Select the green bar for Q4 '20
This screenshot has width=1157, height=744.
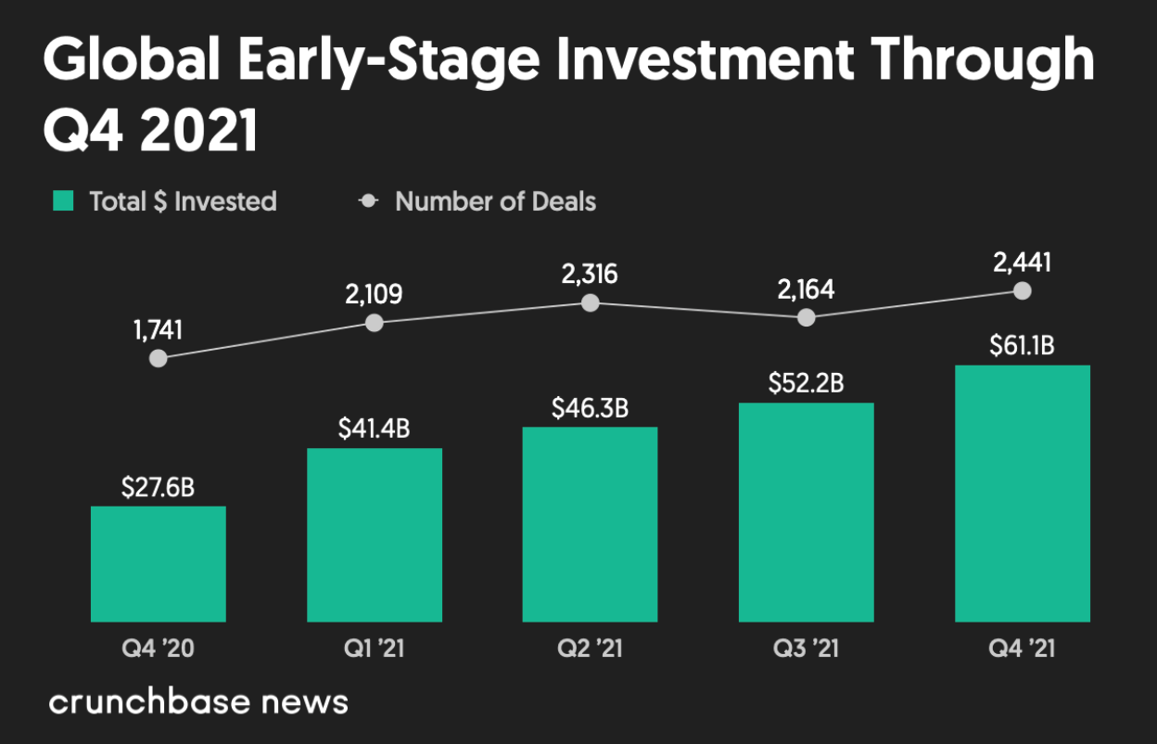158,563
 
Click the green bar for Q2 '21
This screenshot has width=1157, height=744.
590,524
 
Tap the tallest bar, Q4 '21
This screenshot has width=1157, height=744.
1022,493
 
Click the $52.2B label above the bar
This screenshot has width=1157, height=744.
806,383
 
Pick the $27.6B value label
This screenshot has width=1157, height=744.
158,487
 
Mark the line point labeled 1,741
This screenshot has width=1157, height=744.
159,358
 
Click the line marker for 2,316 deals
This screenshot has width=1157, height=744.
590,302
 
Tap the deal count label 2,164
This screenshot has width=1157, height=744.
806,289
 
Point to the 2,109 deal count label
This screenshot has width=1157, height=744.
374,294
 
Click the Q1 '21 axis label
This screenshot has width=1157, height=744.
374,648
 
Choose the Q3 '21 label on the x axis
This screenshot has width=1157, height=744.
806,648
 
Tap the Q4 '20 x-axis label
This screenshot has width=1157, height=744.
158,648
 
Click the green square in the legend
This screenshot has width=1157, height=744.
63,200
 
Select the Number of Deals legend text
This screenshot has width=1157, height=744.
495,201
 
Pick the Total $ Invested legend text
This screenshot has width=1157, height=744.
183,201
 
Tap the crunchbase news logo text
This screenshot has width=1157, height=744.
198,702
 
